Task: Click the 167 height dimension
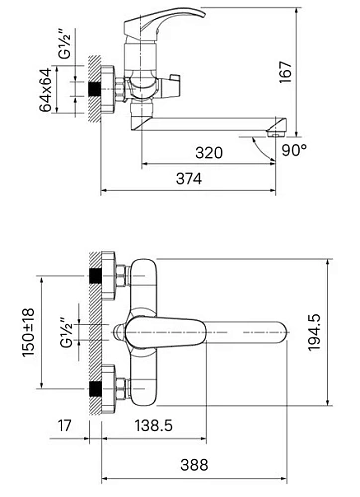(286, 72)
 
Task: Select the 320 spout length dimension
(209, 153)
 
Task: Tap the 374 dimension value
(189, 179)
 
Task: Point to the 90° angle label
(294, 150)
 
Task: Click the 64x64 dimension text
(45, 89)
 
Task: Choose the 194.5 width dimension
(314, 332)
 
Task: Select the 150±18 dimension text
(28, 332)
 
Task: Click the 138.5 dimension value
(153, 425)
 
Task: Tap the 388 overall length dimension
(194, 465)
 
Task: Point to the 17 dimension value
(64, 425)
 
